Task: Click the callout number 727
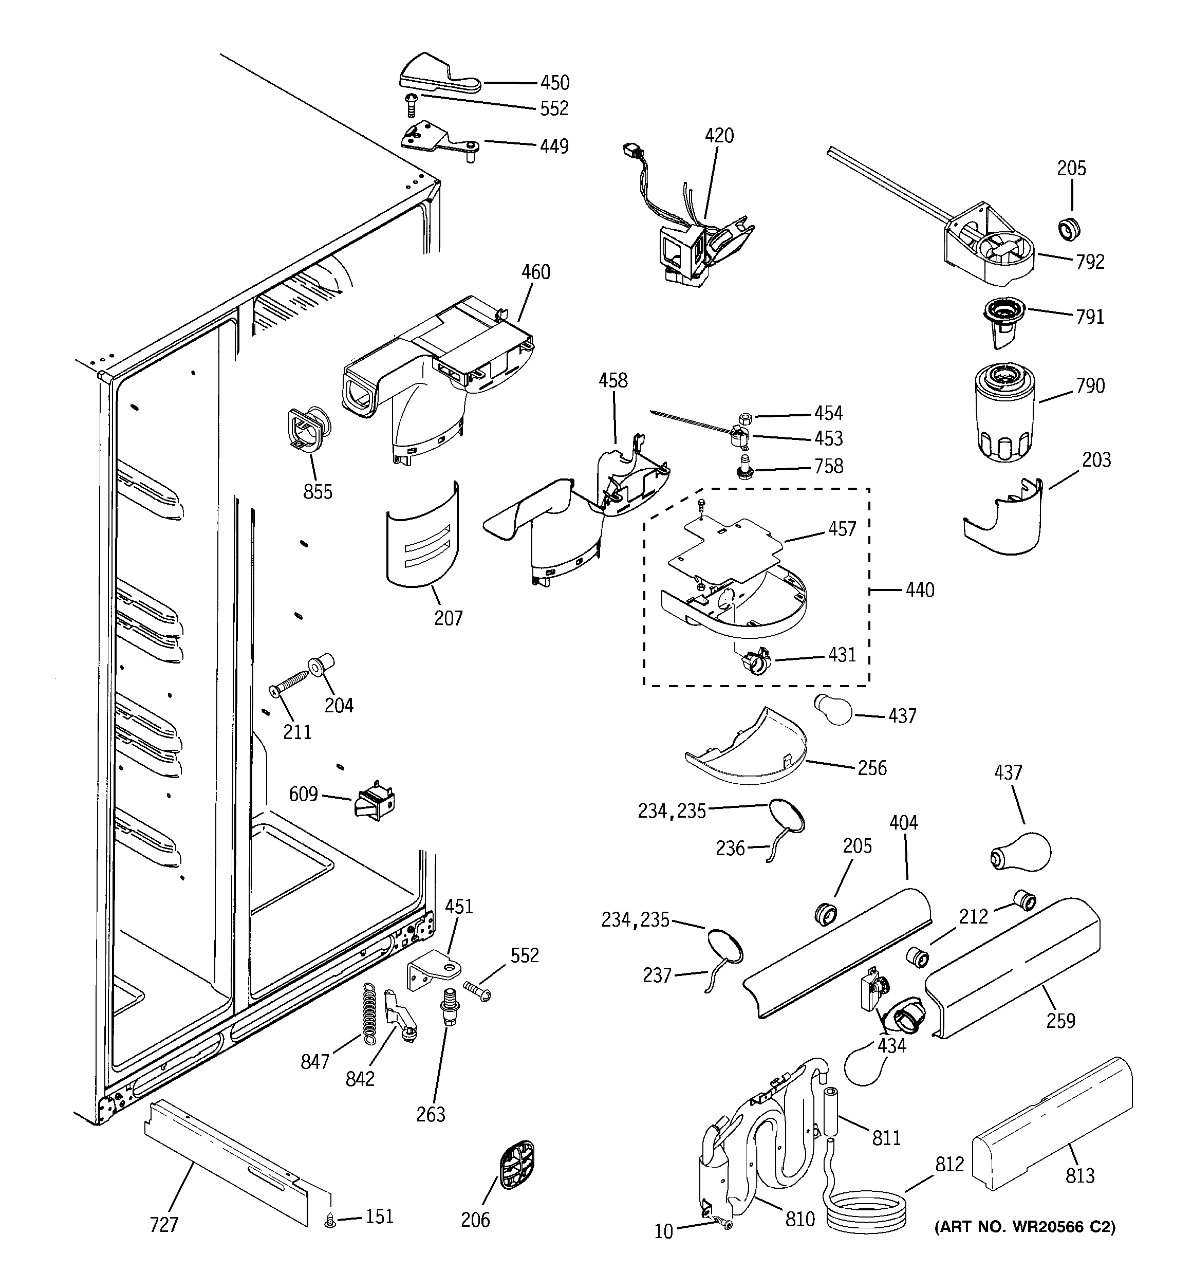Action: [x=164, y=1225]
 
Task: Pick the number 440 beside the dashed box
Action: [x=920, y=590]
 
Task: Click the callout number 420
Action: [x=719, y=136]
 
